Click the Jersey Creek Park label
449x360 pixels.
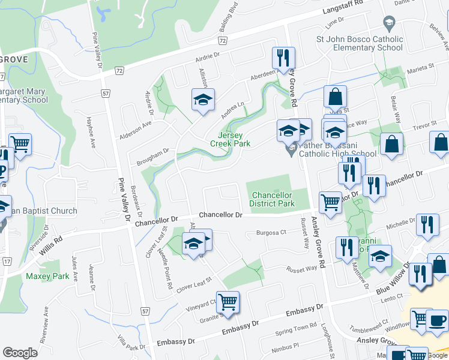[229, 139]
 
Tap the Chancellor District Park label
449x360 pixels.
[272, 199]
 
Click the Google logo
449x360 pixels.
[20, 353]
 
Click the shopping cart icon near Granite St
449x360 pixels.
[228, 302]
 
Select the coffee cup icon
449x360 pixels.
[436, 319]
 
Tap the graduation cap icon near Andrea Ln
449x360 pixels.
[203, 99]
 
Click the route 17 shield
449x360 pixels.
[7, 262]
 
